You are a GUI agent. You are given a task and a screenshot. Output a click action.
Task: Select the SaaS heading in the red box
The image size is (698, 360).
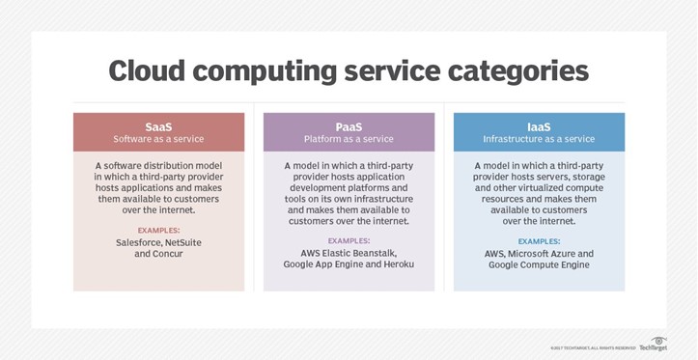tap(158, 125)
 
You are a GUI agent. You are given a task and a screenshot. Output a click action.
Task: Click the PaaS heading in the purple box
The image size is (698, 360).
tap(349, 125)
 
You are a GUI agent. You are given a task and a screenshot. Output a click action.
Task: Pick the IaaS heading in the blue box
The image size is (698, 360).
tap(539, 125)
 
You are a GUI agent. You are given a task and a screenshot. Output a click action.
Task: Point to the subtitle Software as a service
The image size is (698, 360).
tap(158, 139)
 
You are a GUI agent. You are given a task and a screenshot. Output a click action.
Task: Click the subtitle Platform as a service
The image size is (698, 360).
tap(349, 139)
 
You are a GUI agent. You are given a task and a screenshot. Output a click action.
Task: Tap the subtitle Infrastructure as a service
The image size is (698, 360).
tap(539, 139)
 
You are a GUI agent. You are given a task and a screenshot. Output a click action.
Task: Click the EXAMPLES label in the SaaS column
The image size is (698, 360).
tap(158, 230)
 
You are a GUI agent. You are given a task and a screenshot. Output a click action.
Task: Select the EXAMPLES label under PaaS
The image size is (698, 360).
tap(349, 240)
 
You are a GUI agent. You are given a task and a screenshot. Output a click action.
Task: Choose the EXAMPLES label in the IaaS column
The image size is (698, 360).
tap(539, 240)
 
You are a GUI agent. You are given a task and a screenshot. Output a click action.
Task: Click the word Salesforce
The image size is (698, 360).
tap(133, 242)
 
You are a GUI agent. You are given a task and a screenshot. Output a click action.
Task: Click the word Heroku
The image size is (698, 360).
tap(396, 264)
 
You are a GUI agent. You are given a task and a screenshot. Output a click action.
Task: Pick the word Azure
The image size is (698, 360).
tap(564, 253)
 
